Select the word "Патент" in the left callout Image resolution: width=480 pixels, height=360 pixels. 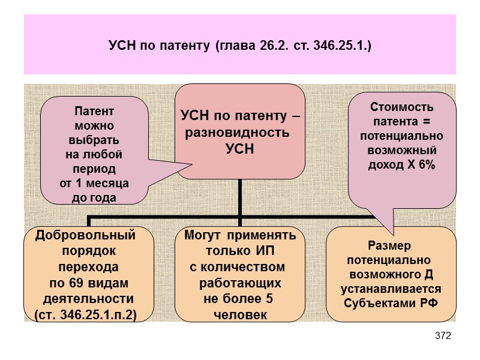94,111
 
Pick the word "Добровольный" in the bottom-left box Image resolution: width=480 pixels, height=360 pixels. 86,234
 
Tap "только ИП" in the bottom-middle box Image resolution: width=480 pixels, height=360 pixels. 240,250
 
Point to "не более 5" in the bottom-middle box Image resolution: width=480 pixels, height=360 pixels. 240,298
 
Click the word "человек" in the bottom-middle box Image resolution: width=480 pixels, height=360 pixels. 240,314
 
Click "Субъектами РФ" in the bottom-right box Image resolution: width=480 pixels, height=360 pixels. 391,301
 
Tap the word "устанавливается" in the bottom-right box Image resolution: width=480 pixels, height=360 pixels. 391,288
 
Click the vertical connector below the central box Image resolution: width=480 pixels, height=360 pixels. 239,198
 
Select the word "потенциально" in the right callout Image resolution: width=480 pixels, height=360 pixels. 401,136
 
